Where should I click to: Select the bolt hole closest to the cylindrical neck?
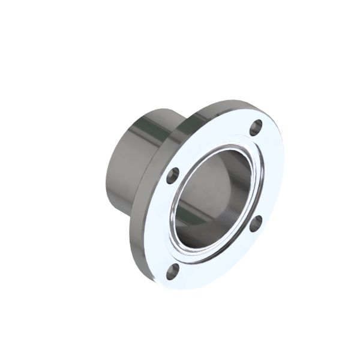[x=173, y=176]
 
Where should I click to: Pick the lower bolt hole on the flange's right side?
[x=256, y=223]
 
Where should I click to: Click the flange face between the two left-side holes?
[x=166, y=222]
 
